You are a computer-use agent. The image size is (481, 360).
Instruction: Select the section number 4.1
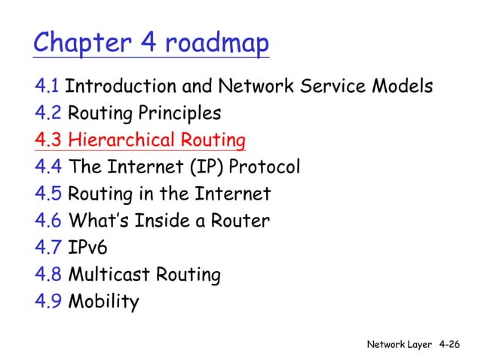coord(47,87)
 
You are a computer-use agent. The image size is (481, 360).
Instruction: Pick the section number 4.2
coord(48,114)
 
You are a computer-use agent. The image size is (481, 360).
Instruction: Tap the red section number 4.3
coord(48,141)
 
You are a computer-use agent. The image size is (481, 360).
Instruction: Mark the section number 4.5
coord(48,194)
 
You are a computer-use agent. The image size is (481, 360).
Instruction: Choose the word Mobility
coord(103,302)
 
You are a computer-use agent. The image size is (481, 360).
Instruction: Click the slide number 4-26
coord(449,344)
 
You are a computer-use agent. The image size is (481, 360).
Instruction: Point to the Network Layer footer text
coord(400,344)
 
